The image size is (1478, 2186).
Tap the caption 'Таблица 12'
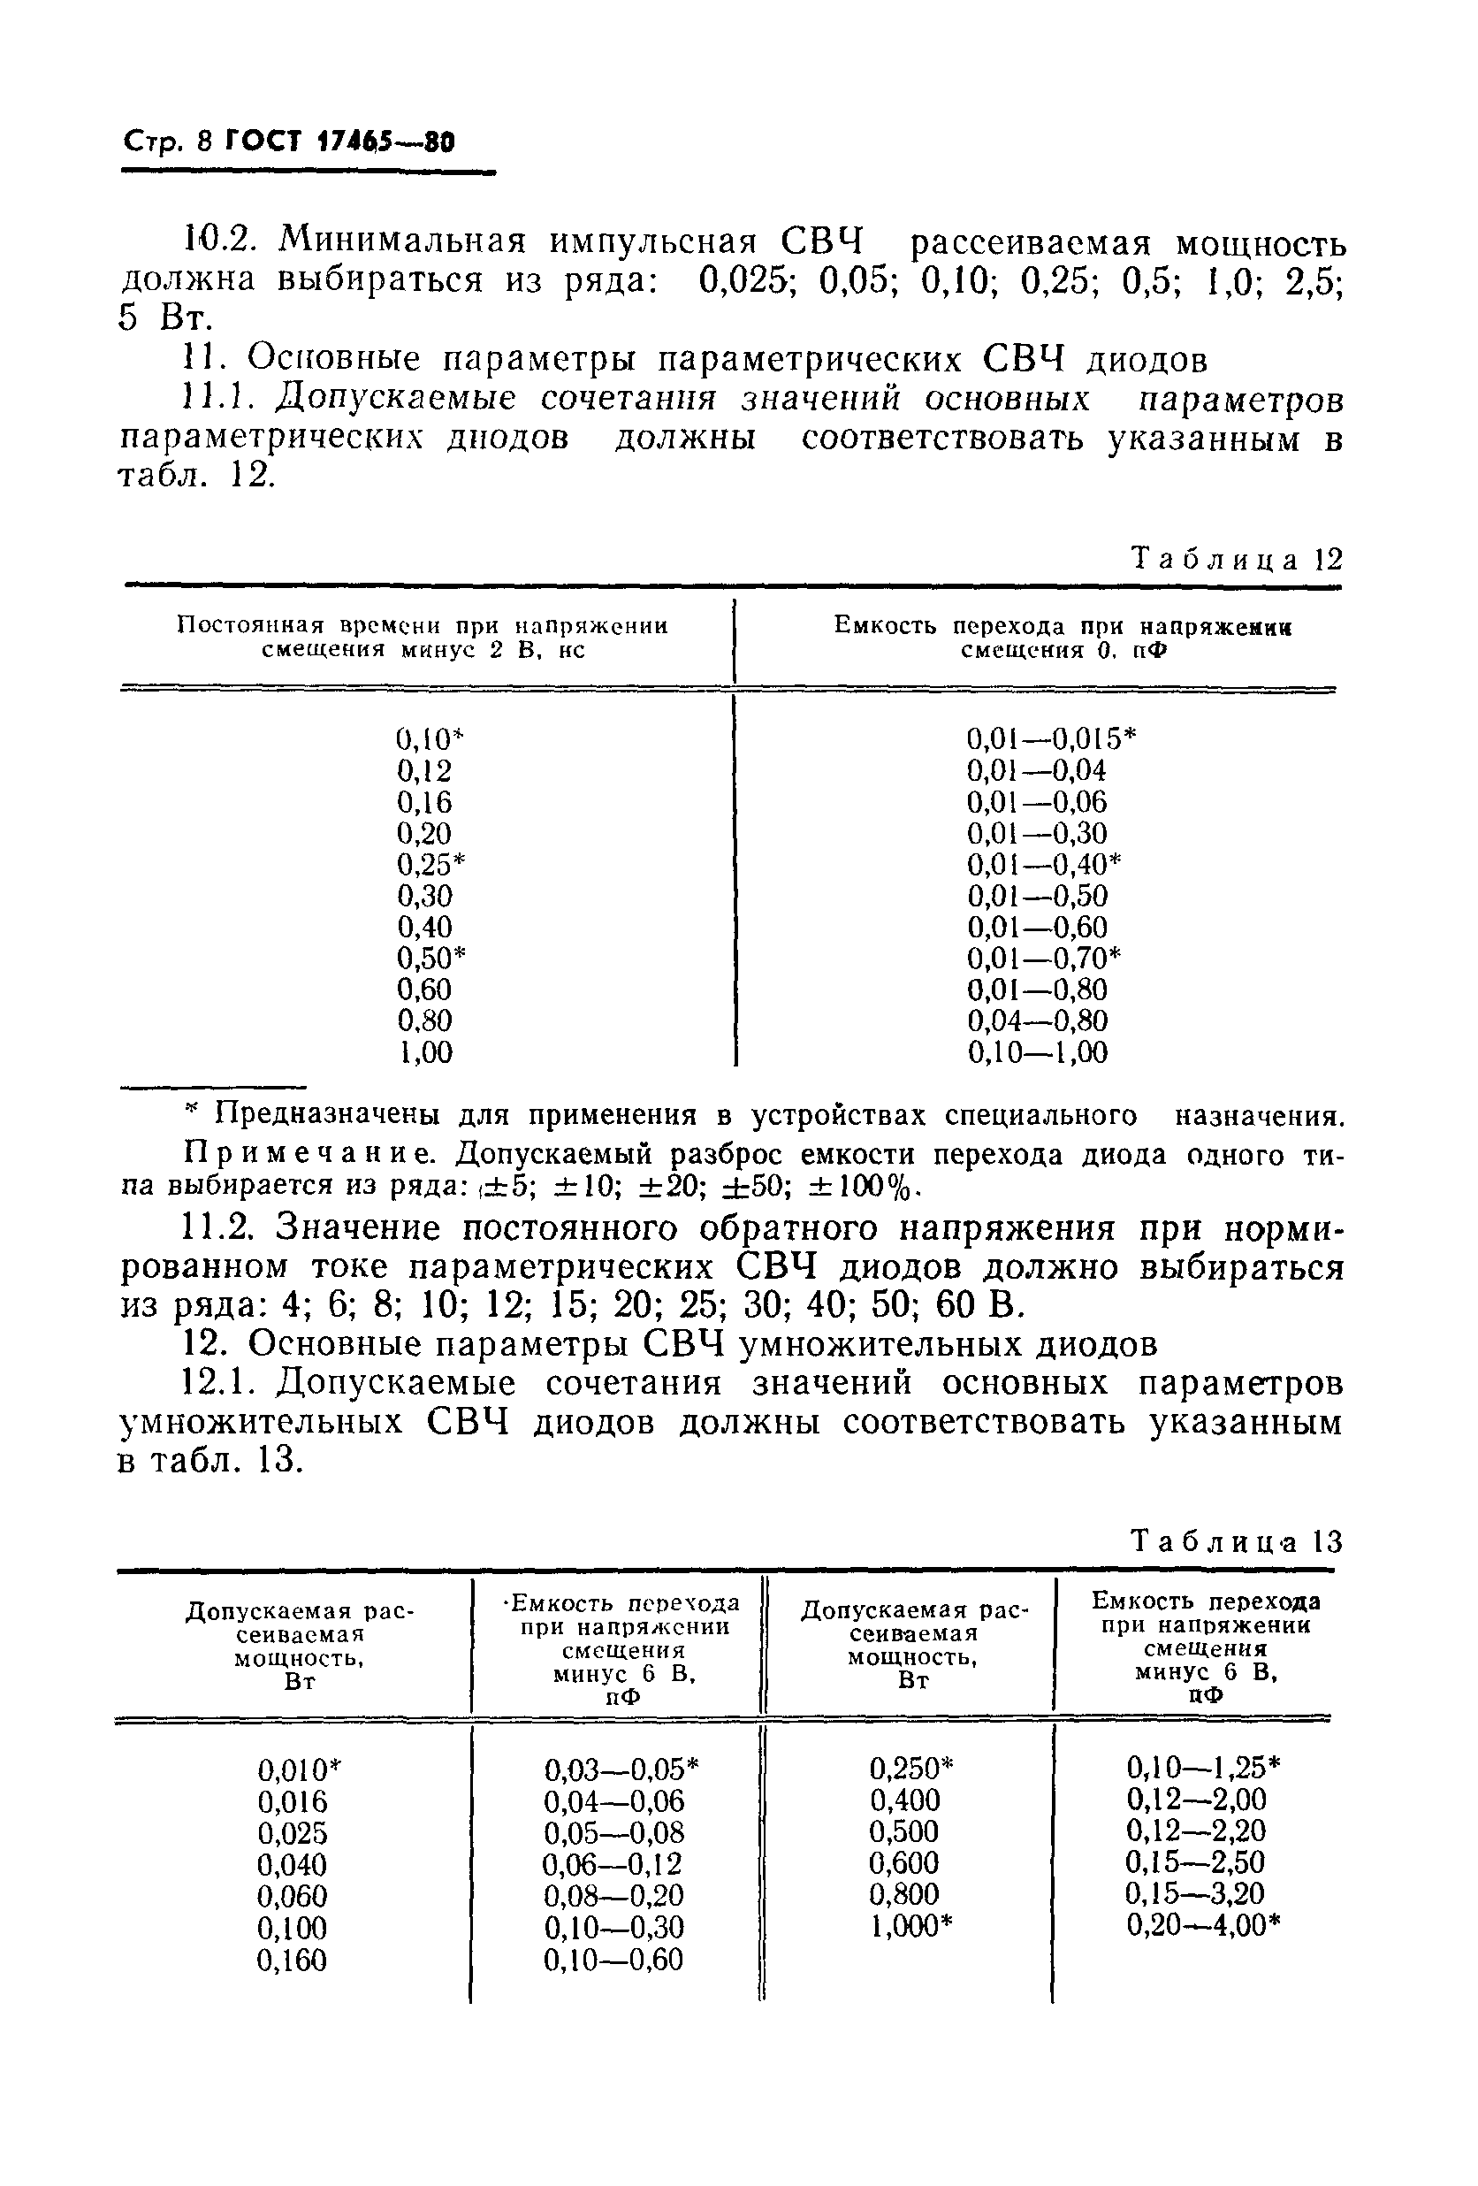[x=1236, y=560]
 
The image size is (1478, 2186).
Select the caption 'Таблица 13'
[x=1236, y=1541]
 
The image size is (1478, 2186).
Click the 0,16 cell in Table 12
[x=424, y=802]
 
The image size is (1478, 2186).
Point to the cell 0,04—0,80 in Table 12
[x=1038, y=1020]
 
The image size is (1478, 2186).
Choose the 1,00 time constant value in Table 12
[x=426, y=1052]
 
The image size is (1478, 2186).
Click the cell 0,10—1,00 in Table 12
[x=1038, y=1052]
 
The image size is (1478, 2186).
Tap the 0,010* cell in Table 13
[x=299, y=1770]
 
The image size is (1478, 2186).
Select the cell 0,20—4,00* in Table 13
[x=1203, y=1925]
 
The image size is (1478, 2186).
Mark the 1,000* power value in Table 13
[x=911, y=1925]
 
